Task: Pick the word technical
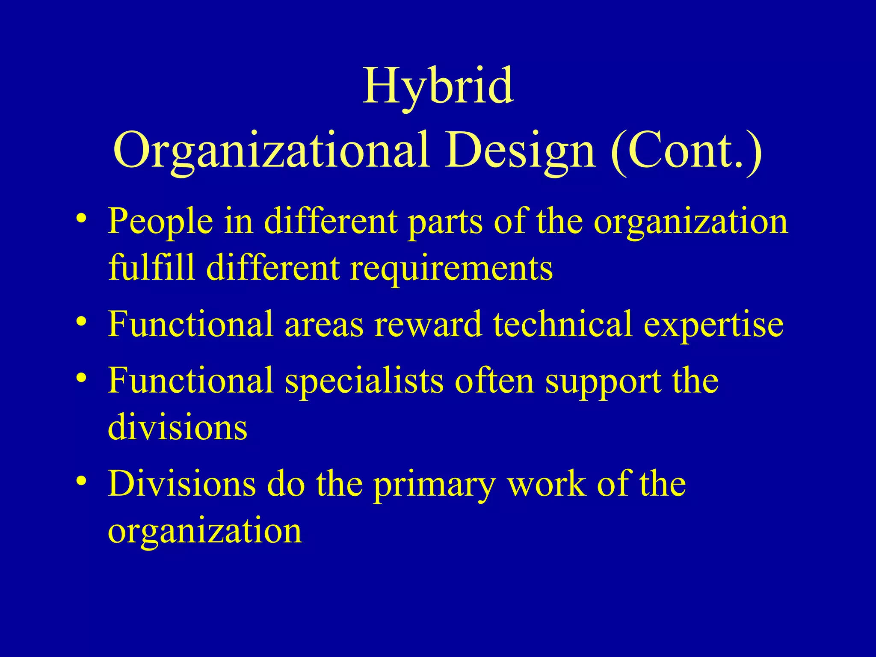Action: (563, 324)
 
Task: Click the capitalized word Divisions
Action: (181, 483)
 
